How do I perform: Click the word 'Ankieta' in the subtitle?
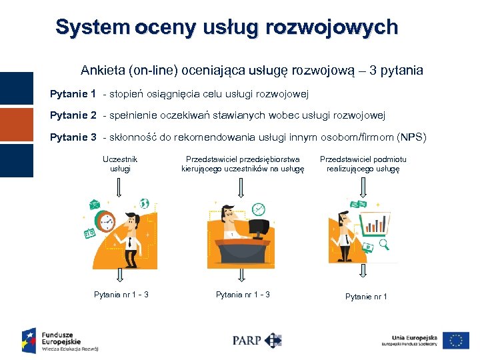tap(101, 70)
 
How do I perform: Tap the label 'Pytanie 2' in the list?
tap(73, 115)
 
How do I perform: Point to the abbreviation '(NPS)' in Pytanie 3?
tap(411, 138)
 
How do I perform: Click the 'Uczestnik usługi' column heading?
tap(120, 164)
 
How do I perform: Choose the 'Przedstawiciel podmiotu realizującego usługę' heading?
tap(363, 164)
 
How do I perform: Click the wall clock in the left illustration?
tap(106, 221)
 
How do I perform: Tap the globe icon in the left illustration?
tap(144, 204)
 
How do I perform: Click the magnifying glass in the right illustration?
tap(385, 245)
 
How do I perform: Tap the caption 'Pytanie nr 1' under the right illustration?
tap(366, 297)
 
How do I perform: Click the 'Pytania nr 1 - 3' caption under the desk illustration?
tap(243, 294)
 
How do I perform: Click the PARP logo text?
tap(246, 340)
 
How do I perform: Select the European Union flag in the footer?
tap(456, 340)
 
